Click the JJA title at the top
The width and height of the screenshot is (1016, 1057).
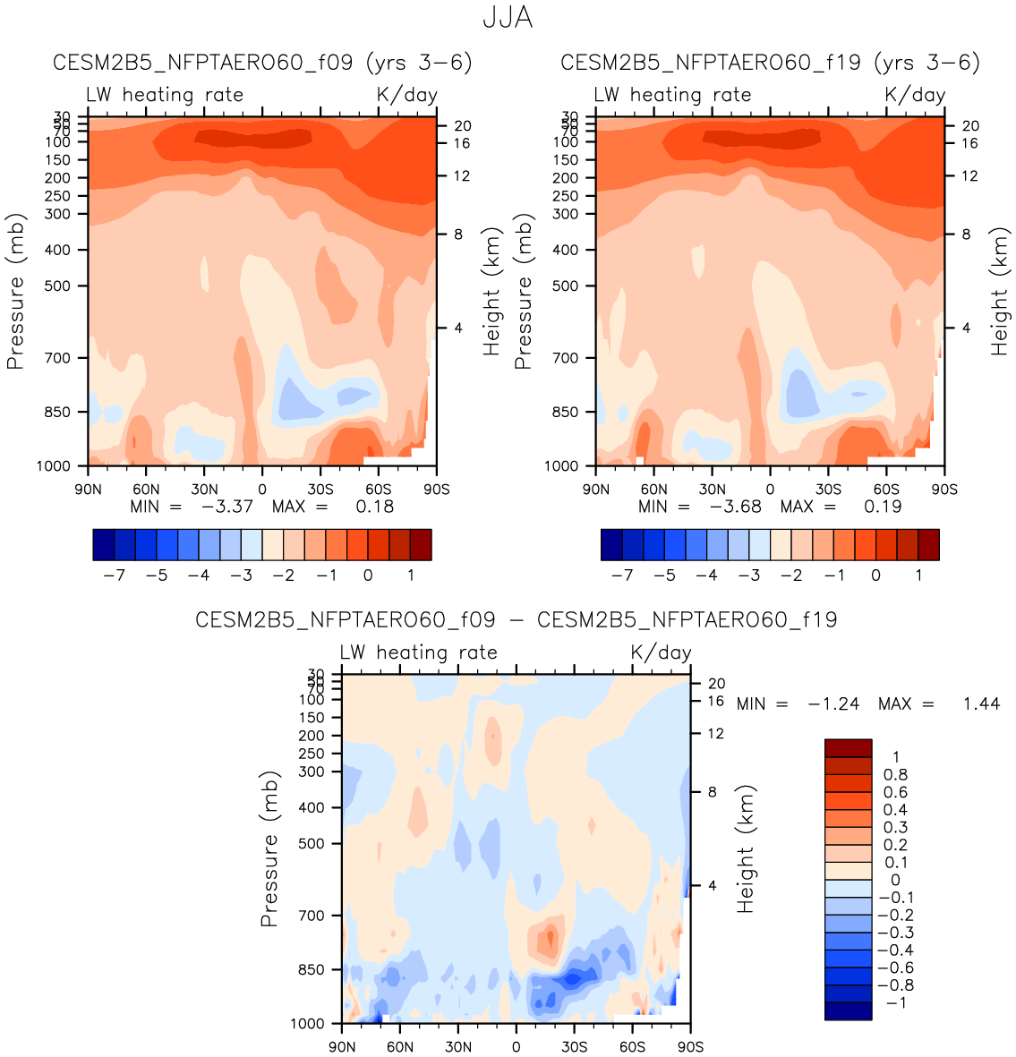(x=508, y=17)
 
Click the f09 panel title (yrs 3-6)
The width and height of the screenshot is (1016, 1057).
(x=262, y=63)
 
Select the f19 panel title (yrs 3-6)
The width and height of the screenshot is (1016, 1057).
(x=770, y=63)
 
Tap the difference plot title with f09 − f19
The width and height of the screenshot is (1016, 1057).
(x=516, y=619)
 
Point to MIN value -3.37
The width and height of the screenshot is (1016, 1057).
(x=227, y=507)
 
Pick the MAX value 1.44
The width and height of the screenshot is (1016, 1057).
(x=981, y=704)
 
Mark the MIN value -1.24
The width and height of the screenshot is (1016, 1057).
(x=833, y=704)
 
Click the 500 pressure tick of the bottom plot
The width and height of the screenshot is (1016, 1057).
(x=311, y=844)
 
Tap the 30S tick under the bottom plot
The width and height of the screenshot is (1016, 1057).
(x=574, y=1047)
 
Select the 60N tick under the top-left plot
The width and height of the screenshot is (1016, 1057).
(x=146, y=490)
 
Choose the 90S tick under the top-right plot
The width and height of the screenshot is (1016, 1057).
(x=944, y=490)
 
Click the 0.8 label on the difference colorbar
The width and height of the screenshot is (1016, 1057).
(x=895, y=775)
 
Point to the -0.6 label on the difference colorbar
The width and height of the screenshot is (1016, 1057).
(x=895, y=968)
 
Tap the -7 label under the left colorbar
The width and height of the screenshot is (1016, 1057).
(x=115, y=575)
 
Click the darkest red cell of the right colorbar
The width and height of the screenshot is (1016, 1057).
(x=928, y=544)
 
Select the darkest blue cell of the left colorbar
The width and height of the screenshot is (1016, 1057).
(x=104, y=544)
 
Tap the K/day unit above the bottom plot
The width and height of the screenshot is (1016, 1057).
(x=661, y=652)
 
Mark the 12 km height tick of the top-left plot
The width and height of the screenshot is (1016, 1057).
(x=461, y=176)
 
